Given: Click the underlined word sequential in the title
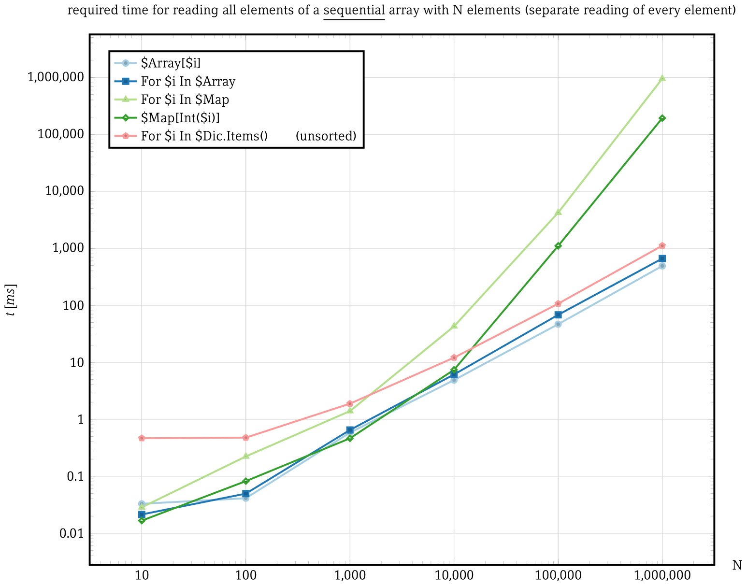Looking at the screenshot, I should point(354,11).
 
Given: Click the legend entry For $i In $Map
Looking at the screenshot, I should point(185,100).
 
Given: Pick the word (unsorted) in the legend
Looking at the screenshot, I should point(326,136).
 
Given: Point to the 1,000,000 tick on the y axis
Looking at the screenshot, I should point(57,77).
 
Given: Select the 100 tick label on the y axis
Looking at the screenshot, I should point(75,305).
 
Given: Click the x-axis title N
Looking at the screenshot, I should point(737,565).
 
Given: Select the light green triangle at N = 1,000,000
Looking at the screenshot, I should point(662,78).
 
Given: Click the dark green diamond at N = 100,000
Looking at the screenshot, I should point(558,246).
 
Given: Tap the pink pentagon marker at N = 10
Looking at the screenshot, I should point(142,438).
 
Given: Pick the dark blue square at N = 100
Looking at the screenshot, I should point(246,494).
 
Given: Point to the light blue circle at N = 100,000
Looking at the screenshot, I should point(558,324).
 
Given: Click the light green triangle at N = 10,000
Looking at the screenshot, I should point(454,326).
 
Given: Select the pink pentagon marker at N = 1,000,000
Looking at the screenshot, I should point(662,246).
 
